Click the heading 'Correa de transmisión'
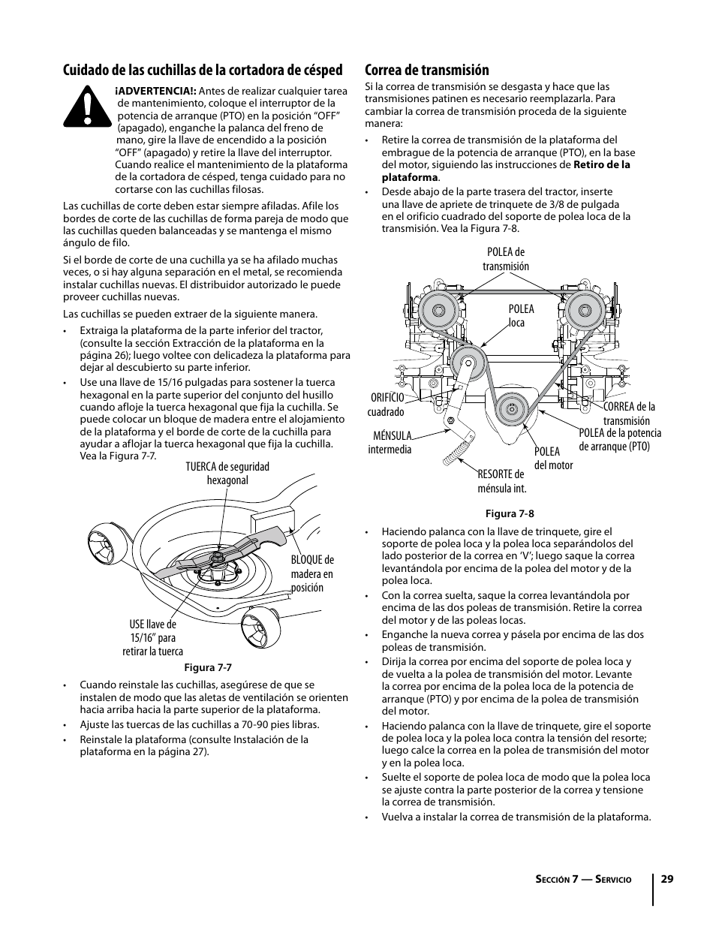point(426,70)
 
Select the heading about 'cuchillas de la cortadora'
point(203,70)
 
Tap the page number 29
point(666,878)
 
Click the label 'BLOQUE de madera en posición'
point(312,573)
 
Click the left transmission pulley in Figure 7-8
point(433,308)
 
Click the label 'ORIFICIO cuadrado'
point(386,405)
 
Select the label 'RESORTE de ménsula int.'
point(501,481)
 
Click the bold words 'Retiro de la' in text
point(602,164)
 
